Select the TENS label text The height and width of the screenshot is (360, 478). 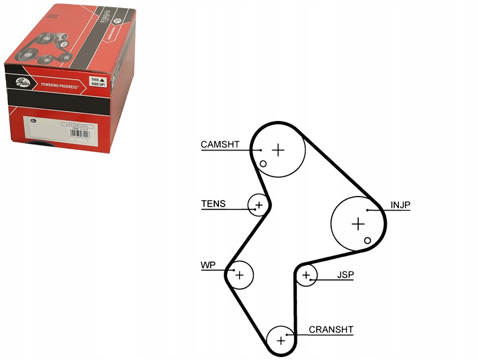click(213, 204)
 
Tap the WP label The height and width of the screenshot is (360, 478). click(208, 266)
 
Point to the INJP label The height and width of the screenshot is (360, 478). click(400, 205)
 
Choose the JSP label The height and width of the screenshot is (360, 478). click(345, 274)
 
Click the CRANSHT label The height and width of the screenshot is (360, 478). click(331, 330)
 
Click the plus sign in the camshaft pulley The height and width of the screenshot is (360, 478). click(278, 150)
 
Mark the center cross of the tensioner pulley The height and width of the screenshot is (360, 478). click(258, 205)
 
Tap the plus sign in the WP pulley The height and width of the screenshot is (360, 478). click(239, 275)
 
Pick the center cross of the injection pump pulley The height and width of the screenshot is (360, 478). click(358, 224)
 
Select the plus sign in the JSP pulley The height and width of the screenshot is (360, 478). click(306, 275)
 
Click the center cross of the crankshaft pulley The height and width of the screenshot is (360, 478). click(281, 341)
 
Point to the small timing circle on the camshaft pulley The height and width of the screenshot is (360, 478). click(263, 163)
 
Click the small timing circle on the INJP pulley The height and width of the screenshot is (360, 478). click(368, 240)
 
